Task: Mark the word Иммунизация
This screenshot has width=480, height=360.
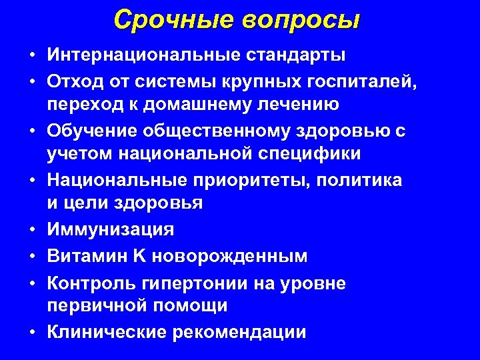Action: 110,229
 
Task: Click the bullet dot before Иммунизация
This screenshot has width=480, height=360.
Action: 32,230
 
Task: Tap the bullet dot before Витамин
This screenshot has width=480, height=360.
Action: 32,257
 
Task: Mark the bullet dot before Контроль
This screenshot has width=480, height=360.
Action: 32,283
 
